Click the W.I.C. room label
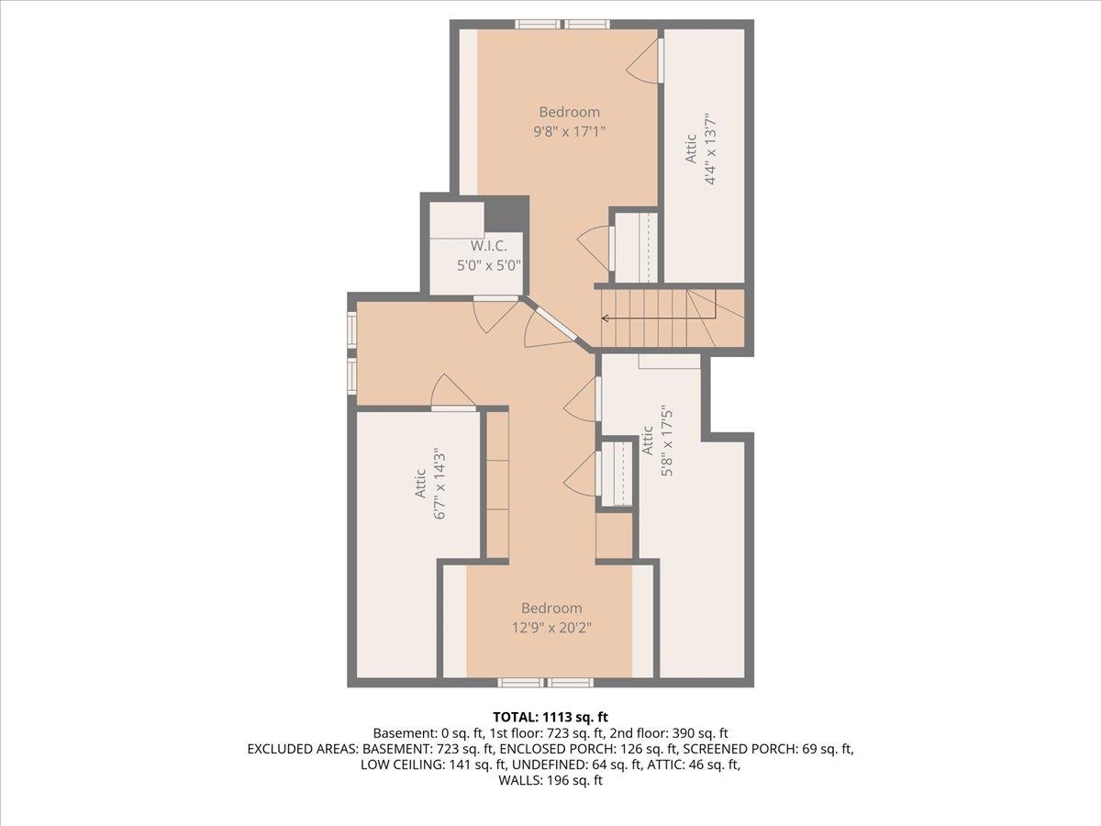point(490,246)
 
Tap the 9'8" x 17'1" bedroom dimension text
point(569,131)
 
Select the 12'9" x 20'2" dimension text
point(550,627)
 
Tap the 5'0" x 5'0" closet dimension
point(490,265)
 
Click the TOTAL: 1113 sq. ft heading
point(550,716)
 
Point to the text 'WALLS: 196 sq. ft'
point(550,781)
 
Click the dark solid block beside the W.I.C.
point(506,214)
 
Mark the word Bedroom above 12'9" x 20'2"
point(551,608)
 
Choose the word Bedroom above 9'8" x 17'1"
point(569,112)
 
